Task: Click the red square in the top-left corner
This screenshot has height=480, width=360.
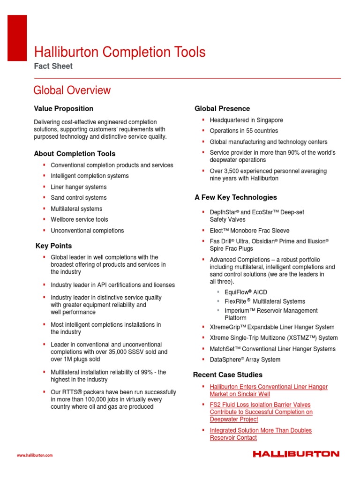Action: click(x=18, y=31)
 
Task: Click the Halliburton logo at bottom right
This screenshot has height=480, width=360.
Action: click(x=296, y=454)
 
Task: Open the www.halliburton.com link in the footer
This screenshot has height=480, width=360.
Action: click(x=35, y=455)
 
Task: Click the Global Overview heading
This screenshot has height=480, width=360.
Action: click(x=72, y=90)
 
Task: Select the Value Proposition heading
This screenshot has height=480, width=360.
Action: click(x=63, y=109)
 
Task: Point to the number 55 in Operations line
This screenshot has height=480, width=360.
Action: click(x=250, y=131)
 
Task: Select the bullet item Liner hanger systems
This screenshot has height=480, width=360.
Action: click(x=79, y=187)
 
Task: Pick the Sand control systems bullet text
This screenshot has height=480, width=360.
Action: click(x=79, y=198)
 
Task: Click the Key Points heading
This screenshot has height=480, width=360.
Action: click(x=54, y=246)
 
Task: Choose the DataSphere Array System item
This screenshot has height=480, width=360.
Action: click(x=245, y=360)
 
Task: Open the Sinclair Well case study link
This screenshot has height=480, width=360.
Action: click(x=269, y=390)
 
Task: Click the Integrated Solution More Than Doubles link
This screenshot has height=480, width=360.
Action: click(x=261, y=430)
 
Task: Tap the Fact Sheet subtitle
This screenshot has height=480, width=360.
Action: click(x=53, y=66)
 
